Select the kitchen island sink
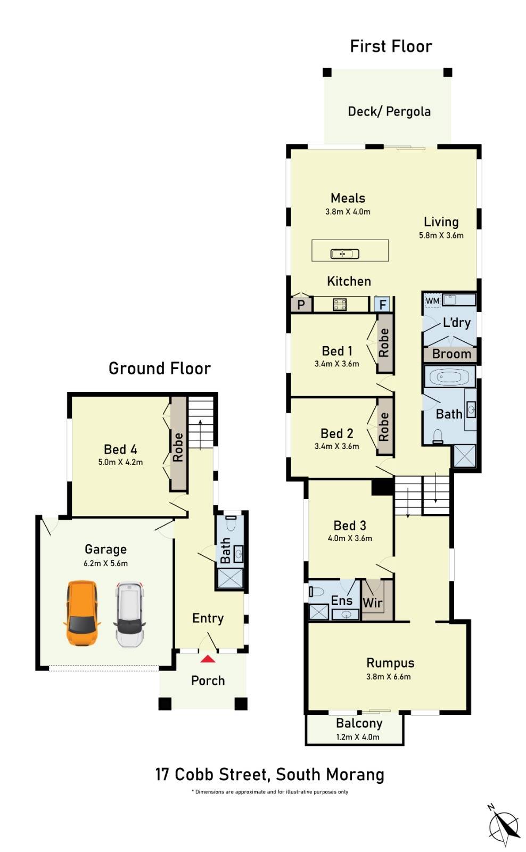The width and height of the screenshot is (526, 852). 344,253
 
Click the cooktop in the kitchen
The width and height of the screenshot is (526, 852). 340,304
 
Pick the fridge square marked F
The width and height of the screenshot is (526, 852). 382,304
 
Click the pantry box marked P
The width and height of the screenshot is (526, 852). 301,305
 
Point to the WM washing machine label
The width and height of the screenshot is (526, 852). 432,300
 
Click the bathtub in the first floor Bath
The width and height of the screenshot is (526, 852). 450,377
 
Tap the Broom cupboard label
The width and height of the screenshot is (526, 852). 451,354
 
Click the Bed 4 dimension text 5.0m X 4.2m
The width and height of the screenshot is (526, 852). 120,462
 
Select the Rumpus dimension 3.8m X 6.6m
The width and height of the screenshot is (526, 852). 388,677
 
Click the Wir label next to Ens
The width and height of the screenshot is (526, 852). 372,602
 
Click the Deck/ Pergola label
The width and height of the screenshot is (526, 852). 389,111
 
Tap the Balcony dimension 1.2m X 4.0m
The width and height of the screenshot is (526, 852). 358,737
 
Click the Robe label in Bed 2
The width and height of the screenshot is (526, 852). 384,427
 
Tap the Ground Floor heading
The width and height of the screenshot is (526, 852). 160,368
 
